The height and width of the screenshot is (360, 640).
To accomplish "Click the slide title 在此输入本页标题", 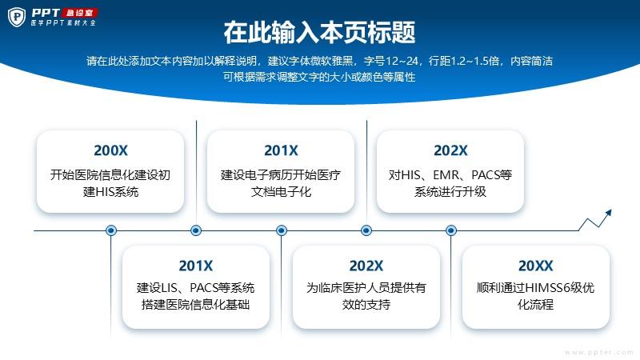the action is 319,32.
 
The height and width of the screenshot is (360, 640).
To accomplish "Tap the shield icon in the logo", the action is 17,17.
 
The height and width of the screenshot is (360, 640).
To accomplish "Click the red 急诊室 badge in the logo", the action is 79,13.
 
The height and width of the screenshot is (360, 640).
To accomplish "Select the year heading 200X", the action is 110,150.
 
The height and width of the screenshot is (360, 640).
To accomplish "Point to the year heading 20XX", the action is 535,266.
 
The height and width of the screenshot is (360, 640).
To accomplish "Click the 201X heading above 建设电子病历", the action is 281,150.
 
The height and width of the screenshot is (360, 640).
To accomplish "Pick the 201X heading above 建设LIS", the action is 195,266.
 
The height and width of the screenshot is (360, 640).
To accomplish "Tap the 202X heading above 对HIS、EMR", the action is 450,150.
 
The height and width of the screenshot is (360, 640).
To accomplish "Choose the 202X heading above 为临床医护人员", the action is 366,266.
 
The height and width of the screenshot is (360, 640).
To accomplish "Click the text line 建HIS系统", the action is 110,191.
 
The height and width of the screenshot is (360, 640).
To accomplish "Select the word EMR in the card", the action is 446,175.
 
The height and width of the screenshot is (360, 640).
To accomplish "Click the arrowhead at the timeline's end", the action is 609,213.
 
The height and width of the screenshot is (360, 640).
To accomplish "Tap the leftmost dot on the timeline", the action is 111,230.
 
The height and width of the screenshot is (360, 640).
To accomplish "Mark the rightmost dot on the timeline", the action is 451,230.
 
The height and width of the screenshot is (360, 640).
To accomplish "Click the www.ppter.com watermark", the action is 599,352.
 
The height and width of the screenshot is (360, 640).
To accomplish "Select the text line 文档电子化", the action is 281,191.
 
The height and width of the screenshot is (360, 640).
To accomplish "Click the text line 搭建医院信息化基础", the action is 195,305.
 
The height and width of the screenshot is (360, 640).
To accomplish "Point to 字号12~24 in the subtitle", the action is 390,62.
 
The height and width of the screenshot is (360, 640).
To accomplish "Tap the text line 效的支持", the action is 366,305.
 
